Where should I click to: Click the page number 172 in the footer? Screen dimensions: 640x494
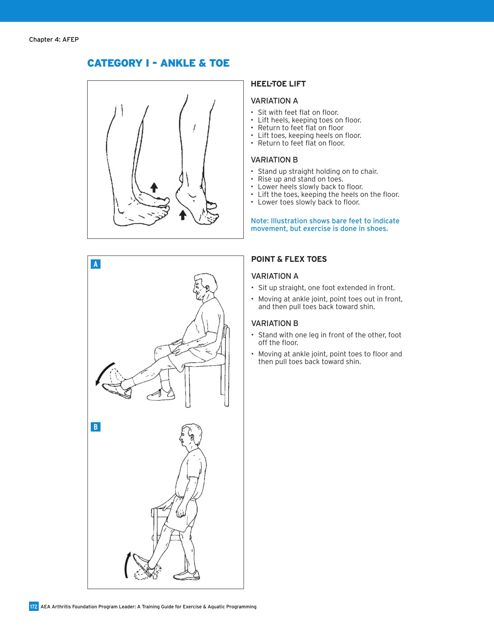tap(33, 606)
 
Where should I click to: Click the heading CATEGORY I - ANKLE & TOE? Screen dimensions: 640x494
tap(158, 63)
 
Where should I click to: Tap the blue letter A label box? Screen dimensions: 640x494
tap(96, 264)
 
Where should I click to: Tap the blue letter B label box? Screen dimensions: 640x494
tap(96, 427)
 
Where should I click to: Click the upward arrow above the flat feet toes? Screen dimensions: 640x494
tap(154, 187)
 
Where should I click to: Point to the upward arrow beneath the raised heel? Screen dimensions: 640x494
tap(183, 215)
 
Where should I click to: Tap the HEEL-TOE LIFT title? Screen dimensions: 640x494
tap(278, 84)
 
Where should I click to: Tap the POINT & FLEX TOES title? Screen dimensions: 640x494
tap(289, 259)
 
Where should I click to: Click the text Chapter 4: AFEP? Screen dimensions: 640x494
tap(54, 40)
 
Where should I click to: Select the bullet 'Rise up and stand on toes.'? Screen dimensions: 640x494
tap(300, 179)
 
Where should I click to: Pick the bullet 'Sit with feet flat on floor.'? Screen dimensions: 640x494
tap(298, 112)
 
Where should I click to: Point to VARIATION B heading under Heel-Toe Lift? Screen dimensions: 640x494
tap(274, 160)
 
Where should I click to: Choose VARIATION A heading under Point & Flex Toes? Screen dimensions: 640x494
tap(274, 276)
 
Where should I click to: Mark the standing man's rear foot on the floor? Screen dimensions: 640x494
tap(186, 575)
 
